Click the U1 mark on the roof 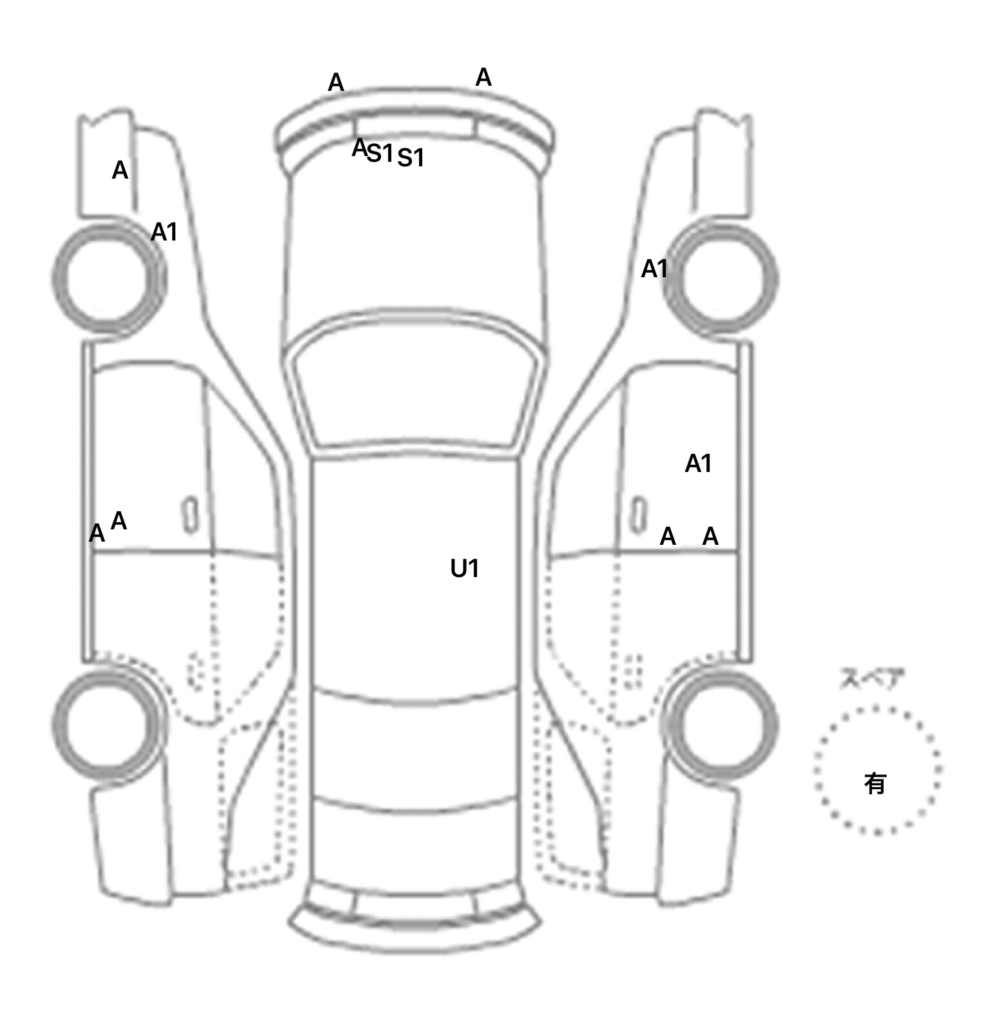pyautogui.click(x=464, y=569)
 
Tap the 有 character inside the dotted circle pyautogui.click(x=875, y=783)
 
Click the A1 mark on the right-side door pyautogui.click(x=698, y=464)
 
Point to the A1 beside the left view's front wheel pyautogui.click(x=164, y=232)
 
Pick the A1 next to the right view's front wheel pyautogui.click(x=654, y=269)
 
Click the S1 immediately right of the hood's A pyautogui.click(x=380, y=153)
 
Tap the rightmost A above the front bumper pyautogui.click(x=483, y=78)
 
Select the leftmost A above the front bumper pyautogui.click(x=336, y=83)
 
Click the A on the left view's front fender pyautogui.click(x=120, y=171)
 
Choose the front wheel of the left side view pyautogui.click(x=107, y=277)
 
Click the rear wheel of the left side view pyautogui.click(x=107, y=723)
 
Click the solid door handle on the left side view pyautogui.click(x=190, y=515)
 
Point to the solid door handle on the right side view pyautogui.click(x=639, y=515)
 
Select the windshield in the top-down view pyautogui.click(x=416, y=387)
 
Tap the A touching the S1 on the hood pyautogui.click(x=359, y=148)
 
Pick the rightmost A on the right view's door pyautogui.click(x=710, y=536)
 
